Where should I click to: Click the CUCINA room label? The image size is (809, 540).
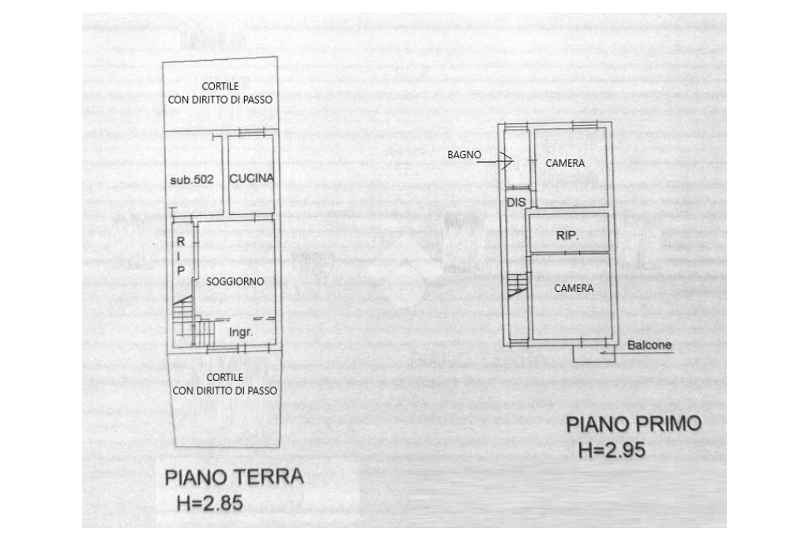pyautogui.click(x=251, y=179)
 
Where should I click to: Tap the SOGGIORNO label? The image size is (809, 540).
pyautogui.click(x=235, y=281)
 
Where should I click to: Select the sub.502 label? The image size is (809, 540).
pyautogui.click(x=192, y=180)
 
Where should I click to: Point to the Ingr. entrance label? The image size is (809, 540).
pyautogui.click(x=241, y=333)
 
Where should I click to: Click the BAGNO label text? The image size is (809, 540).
pyautogui.click(x=464, y=155)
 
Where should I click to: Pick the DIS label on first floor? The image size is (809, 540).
pyautogui.click(x=516, y=202)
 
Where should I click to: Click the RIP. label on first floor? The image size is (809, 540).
pyautogui.click(x=567, y=236)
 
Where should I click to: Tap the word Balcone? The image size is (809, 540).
pyautogui.click(x=649, y=346)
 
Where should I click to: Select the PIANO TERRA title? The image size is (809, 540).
pyautogui.click(x=234, y=478)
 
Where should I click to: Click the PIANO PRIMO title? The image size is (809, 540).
pyautogui.click(x=634, y=425)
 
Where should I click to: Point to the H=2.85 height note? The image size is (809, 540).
pyautogui.click(x=209, y=503)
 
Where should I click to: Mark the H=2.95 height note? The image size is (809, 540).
pyautogui.click(x=611, y=451)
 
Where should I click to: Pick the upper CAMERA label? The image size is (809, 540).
pyautogui.click(x=565, y=163)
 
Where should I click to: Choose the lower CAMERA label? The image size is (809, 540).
pyautogui.click(x=574, y=289)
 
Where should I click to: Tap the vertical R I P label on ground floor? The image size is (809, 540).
pyautogui.click(x=180, y=255)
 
